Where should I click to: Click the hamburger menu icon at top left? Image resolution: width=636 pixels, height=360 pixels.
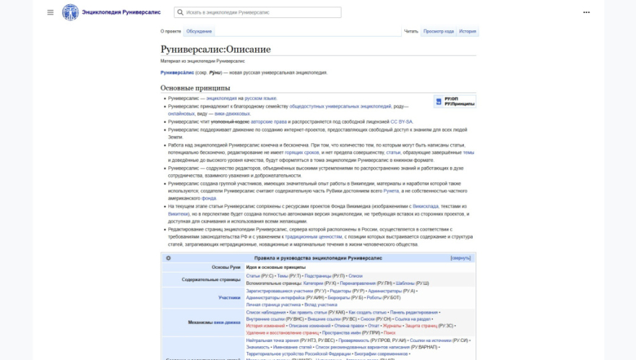(x=51, y=12)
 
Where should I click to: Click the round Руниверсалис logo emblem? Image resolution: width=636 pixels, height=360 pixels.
(x=70, y=12)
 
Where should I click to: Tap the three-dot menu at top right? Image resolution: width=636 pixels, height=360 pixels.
(x=586, y=12)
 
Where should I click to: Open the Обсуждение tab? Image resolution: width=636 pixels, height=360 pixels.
(x=199, y=31)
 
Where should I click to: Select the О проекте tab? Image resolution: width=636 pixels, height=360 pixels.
(x=171, y=31)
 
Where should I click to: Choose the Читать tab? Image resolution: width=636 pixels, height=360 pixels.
(x=411, y=31)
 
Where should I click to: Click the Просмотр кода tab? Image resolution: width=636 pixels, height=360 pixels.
(x=439, y=31)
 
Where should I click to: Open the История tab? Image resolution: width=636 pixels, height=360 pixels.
(x=468, y=31)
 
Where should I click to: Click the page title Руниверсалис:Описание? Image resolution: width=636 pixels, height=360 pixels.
(x=215, y=49)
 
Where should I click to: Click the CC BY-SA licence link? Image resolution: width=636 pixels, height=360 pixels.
(x=401, y=121)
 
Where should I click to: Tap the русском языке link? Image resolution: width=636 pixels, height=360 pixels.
(x=260, y=98)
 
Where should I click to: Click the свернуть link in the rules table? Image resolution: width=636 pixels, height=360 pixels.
(x=460, y=257)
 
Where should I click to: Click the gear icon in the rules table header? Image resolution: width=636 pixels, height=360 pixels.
(x=168, y=258)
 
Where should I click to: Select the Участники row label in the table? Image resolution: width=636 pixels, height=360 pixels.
(x=229, y=297)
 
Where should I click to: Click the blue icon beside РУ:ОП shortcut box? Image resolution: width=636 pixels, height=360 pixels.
(x=439, y=101)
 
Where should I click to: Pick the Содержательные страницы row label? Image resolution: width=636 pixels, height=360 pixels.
(x=211, y=279)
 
